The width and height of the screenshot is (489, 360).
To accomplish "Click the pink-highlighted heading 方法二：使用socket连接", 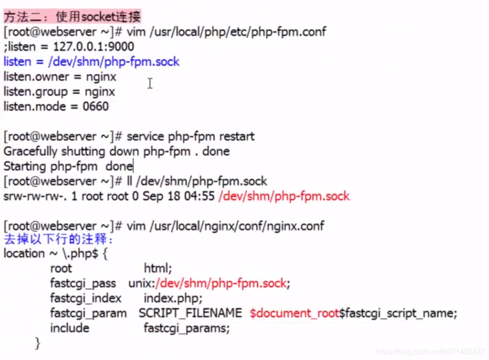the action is [x=72, y=17].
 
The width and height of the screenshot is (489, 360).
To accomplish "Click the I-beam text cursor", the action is [x=150, y=84].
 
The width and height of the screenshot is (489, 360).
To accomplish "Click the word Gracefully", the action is [x=30, y=151].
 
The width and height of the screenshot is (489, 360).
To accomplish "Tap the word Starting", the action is [x=25, y=166].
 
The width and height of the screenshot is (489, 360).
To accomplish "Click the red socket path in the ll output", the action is [x=284, y=196].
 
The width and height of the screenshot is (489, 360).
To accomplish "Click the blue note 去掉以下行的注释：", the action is [x=59, y=240].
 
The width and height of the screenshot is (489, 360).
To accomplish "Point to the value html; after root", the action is [x=158, y=268].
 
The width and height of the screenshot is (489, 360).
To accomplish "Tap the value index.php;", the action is [x=173, y=298].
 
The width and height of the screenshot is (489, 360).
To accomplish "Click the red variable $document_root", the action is [x=295, y=313].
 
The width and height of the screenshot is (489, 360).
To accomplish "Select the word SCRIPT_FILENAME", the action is [x=190, y=313].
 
